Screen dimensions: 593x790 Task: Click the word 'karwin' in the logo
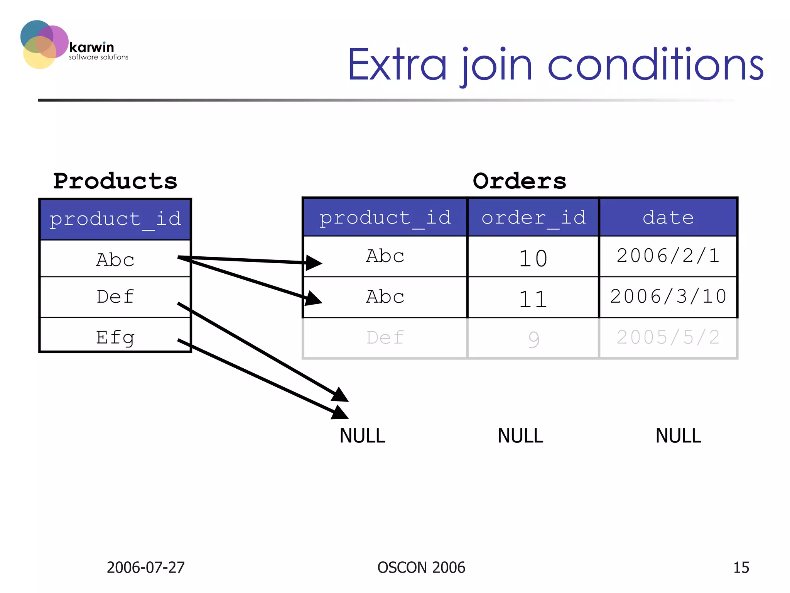(92, 47)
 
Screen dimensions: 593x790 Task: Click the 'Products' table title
(115, 181)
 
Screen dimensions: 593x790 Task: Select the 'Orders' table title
(519, 181)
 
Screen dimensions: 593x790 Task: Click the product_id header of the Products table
(115, 219)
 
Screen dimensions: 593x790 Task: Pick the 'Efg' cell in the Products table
(115, 337)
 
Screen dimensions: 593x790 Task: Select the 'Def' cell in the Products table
(115, 296)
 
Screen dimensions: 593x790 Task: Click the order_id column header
(533, 218)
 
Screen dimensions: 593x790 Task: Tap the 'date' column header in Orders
(668, 218)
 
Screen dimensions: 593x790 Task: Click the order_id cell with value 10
(533, 258)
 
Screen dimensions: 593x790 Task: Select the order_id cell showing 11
(533, 298)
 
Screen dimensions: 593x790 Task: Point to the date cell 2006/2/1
(668, 256)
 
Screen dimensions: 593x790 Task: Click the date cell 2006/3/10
(668, 296)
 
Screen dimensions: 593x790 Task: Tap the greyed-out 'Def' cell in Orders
(385, 337)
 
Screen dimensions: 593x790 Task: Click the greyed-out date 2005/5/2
(668, 337)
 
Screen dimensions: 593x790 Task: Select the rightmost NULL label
(678, 436)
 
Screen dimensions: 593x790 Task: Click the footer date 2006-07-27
(145, 568)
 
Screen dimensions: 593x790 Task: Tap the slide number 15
(741, 568)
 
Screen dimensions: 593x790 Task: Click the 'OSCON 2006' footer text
(421, 568)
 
